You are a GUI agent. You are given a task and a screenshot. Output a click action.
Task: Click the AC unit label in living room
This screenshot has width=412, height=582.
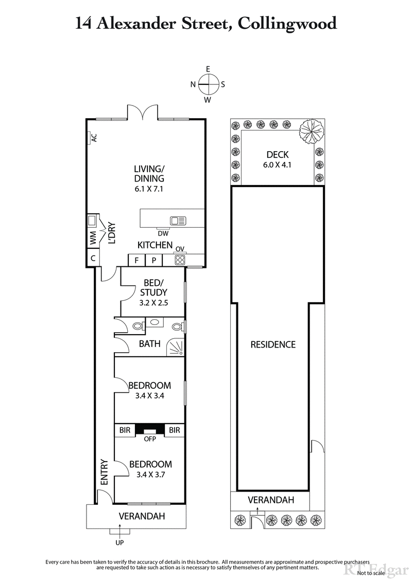click(94, 138)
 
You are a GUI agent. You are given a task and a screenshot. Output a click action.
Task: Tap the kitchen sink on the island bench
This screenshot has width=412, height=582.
click(178, 221)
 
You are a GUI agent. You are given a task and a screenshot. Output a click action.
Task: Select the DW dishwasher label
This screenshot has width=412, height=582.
click(163, 233)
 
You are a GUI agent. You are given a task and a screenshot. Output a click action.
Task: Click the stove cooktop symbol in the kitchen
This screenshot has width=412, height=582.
click(180, 260)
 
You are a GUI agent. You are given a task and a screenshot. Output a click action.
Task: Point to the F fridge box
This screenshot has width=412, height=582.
click(136, 260)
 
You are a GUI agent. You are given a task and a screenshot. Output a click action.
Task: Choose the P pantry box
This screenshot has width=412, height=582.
click(153, 260)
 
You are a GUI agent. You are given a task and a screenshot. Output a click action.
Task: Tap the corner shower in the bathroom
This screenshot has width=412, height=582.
click(176, 348)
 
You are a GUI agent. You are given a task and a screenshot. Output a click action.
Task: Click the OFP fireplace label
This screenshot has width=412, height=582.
click(149, 439)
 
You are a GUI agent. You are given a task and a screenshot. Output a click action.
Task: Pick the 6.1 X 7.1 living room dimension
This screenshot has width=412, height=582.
click(149, 189)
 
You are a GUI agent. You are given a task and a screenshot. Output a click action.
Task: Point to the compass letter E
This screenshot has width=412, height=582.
click(208, 69)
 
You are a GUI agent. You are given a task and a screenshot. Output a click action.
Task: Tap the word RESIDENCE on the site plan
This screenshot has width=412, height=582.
click(272, 344)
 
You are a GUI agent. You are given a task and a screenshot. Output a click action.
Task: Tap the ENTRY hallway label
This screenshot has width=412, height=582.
click(104, 472)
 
